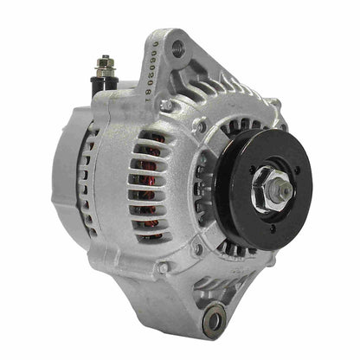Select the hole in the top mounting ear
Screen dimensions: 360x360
click(178, 48)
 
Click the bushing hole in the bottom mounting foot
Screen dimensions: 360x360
click(214, 322)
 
